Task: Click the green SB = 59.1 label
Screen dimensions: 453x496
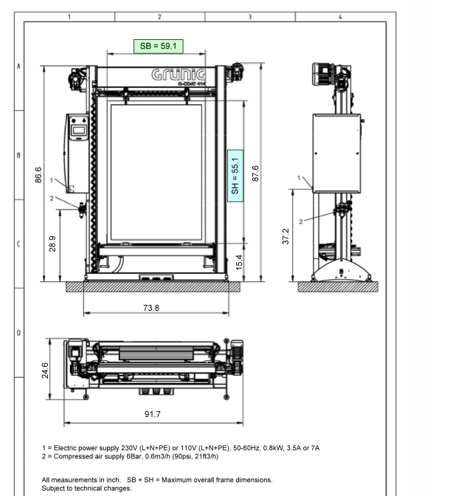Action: [159, 46]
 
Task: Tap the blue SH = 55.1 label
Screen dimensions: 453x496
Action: [235, 176]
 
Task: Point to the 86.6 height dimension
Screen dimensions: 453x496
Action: [38, 175]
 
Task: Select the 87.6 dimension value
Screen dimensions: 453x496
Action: [255, 173]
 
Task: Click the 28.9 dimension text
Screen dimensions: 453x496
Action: [52, 244]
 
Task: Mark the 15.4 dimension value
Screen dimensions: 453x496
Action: [239, 262]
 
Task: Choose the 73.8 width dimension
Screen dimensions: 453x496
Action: [151, 308]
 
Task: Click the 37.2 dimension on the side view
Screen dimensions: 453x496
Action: [286, 236]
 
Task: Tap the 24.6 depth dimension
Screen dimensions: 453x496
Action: [45, 371]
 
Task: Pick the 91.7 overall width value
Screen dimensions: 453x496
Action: [153, 414]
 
